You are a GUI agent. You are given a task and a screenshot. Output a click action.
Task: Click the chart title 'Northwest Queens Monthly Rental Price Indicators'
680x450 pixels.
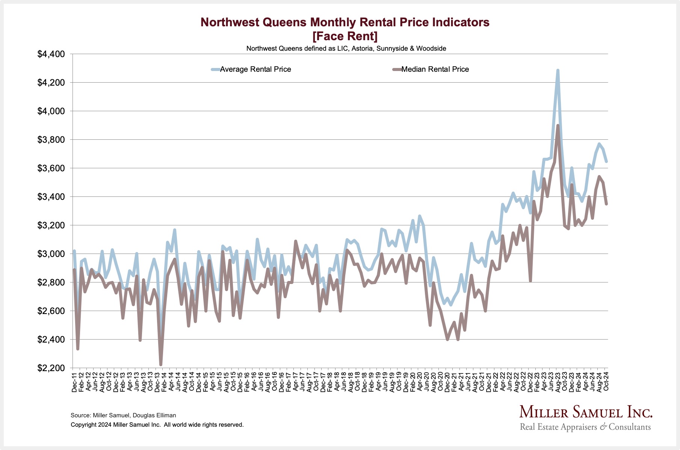click(x=345, y=23)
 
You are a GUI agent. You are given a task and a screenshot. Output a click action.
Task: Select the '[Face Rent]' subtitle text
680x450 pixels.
click(x=345, y=36)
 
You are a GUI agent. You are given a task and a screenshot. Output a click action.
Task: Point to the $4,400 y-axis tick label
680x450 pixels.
click(x=51, y=54)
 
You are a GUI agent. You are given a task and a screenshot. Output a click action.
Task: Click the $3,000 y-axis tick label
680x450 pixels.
click(x=51, y=254)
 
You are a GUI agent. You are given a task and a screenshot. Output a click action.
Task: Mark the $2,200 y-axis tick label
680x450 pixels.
click(x=51, y=368)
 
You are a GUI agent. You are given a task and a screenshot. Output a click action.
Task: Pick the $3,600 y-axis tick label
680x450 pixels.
click(x=51, y=168)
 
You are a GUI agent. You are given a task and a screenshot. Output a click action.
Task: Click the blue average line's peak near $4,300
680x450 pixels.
click(x=558, y=70)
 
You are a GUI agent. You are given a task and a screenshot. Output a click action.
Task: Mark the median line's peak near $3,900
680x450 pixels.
click(x=558, y=126)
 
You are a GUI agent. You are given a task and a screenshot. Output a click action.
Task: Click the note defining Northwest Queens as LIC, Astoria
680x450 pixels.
click(x=346, y=48)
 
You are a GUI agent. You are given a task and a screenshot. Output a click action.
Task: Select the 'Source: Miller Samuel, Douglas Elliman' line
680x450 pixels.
click(x=123, y=415)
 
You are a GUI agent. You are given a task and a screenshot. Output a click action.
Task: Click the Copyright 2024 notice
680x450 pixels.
click(x=157, y=425)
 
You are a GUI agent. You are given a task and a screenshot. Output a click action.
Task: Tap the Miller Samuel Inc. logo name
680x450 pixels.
click(x=586, y=412)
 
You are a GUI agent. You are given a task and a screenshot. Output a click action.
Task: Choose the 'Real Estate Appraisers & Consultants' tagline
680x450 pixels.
click(x=585, y=427)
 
